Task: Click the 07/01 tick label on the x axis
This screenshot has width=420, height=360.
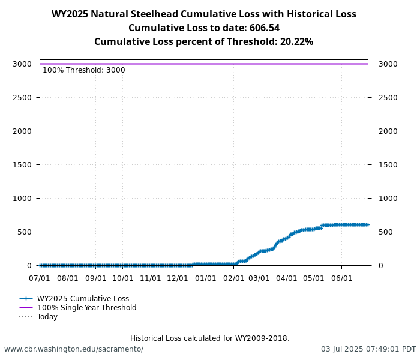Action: pos(40,278)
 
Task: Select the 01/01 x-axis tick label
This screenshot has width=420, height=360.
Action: pos(206,278)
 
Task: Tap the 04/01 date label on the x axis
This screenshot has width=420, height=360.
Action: pos(287,278)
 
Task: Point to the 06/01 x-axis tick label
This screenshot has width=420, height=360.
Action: pos(342,278)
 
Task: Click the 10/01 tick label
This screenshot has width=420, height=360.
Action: pos(123,278)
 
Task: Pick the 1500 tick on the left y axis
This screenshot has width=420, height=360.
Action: pos(22,164)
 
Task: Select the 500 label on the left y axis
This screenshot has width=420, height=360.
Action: pos(24,232)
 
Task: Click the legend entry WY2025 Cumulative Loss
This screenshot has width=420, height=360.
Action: pos(83,299)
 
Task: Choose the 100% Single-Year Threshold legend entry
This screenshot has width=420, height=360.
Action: pos(86,308)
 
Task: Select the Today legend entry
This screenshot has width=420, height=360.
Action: pos(47,317)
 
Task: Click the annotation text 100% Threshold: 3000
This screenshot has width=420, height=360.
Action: pos(84,70)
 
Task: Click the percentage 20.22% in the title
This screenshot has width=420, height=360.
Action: pos(296,42)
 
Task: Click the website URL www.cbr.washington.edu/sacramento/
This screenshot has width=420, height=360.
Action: pos(74,349)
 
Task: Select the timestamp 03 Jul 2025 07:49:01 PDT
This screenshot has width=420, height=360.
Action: pos(368,349)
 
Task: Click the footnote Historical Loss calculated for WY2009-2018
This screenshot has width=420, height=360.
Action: pos(209,338)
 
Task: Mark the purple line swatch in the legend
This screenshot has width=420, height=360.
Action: pos(26,308)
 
